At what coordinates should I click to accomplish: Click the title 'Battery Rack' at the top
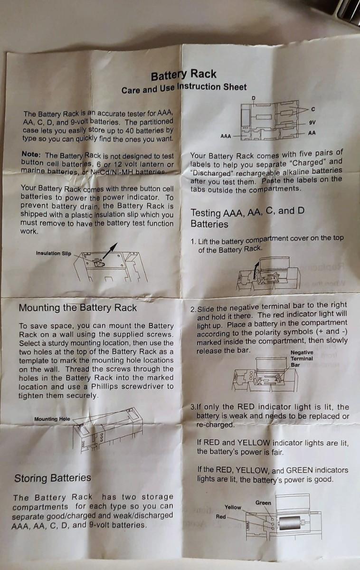click(x=183, y=75)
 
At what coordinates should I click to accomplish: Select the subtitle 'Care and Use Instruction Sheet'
click(x=184, y=88)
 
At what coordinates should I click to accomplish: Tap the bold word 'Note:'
click(x=31, y=154)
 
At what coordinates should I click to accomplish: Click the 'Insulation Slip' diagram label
click(x=54, y=253)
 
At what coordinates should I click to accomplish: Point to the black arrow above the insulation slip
click(x=110, y=251)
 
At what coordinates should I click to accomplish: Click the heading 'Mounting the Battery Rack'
click(x=78, y=308)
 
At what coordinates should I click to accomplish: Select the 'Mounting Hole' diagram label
click(x=52, y=419)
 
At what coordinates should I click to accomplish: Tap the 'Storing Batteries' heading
click(x=53, y=478)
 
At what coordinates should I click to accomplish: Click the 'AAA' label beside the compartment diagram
click(x=226, y=136)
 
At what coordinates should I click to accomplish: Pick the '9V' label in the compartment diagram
click(x=312, y=123)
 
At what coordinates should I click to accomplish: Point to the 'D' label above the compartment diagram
click(x=254, y=98)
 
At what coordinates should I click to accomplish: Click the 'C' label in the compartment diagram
click(x=313, y=109)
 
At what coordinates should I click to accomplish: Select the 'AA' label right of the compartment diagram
click(x=312, y=133)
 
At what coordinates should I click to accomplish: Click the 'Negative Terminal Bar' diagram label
click(x=302, y=359)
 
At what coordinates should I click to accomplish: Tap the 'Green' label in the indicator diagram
click(x=263, y=503)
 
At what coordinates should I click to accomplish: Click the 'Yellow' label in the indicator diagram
click(x=233, y=507)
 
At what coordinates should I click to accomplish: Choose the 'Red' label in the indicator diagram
click(x=221, y=517)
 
